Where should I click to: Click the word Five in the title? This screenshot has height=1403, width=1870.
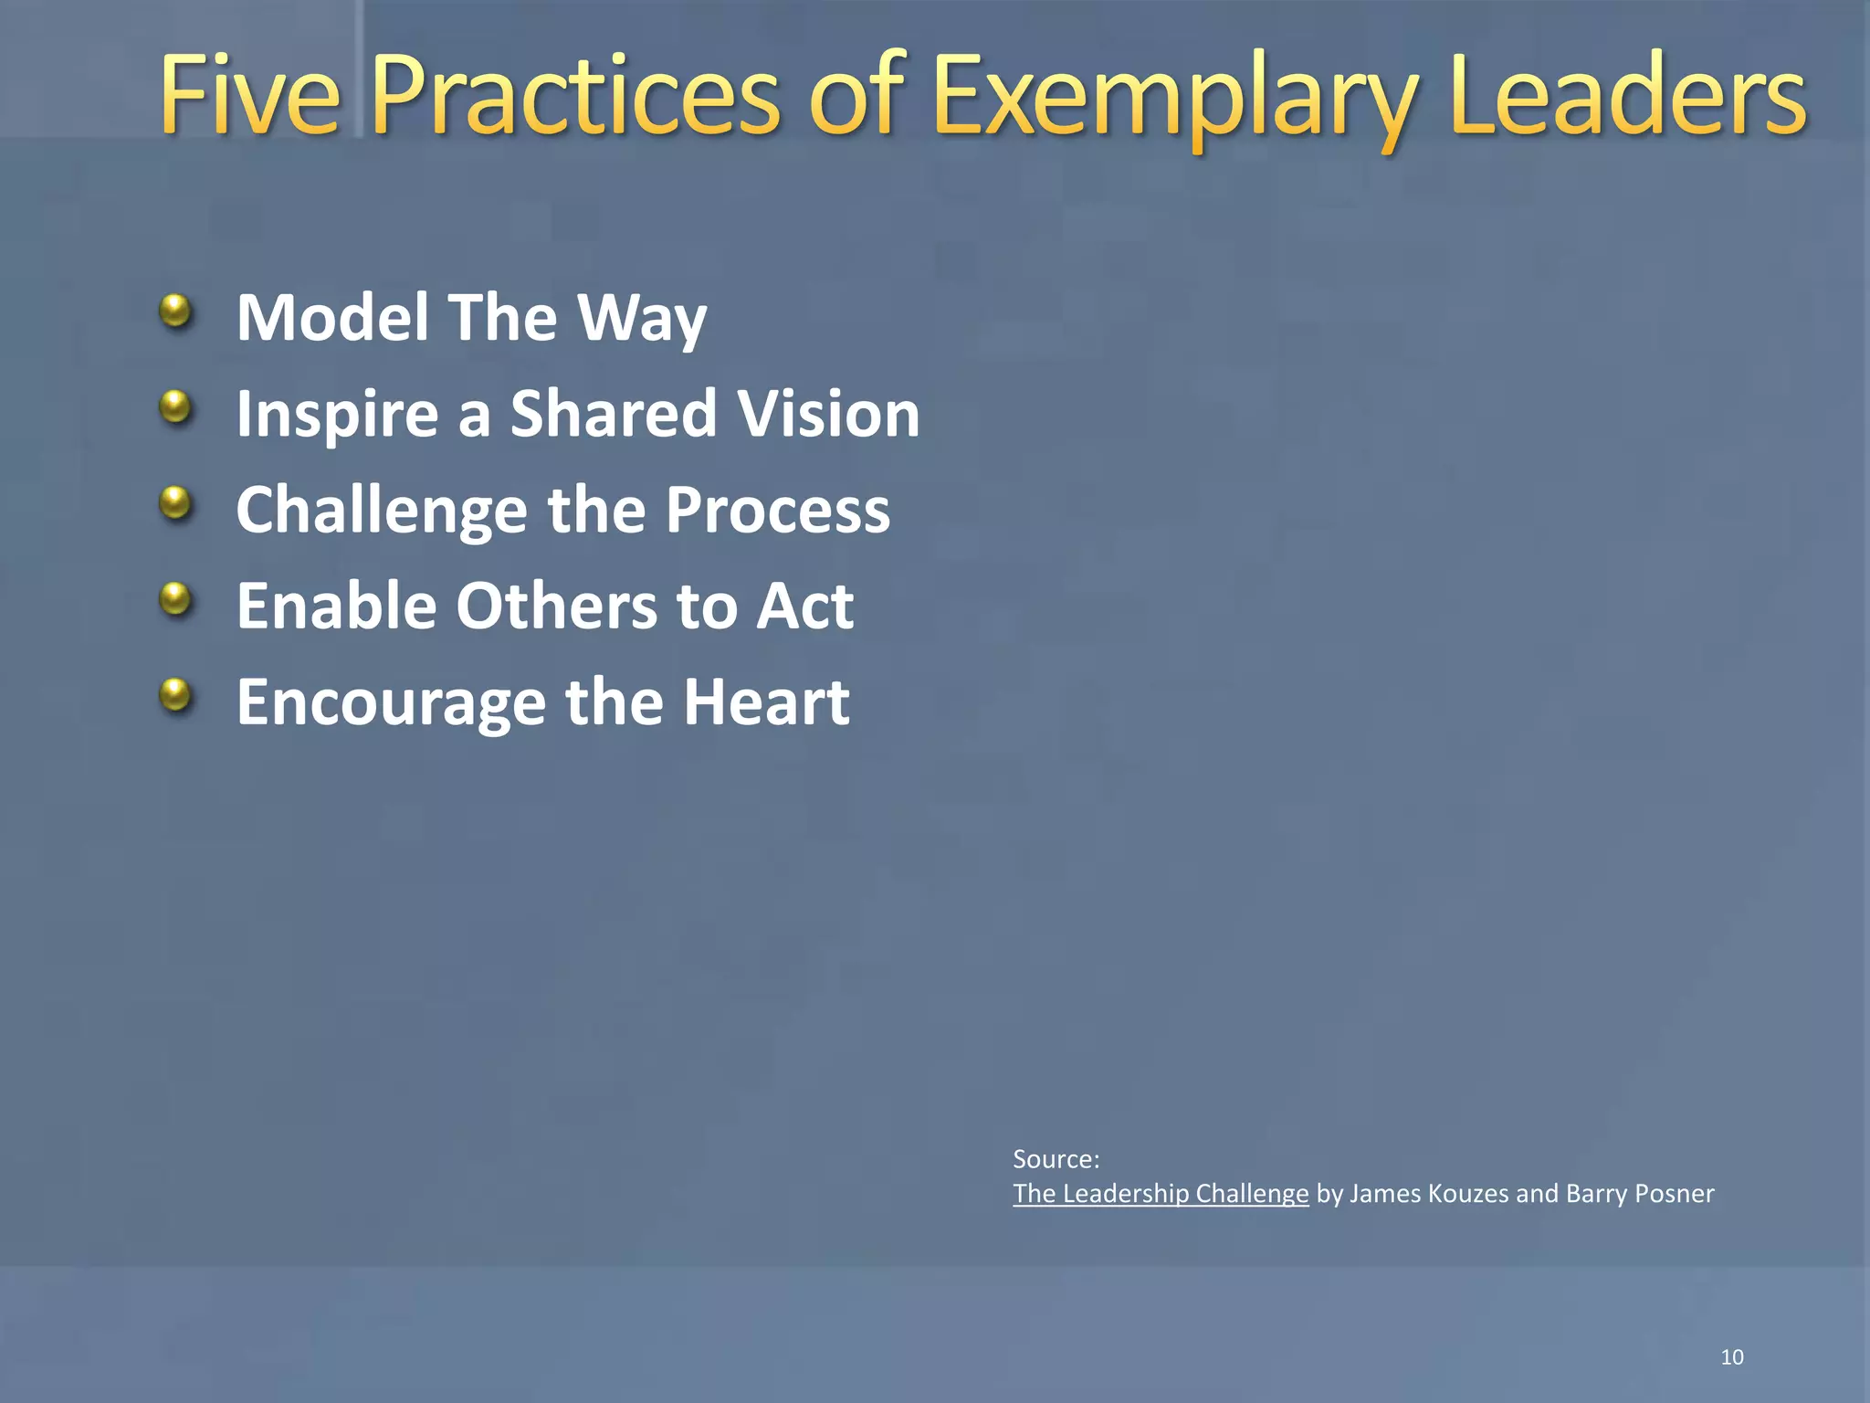(x=250, y=95)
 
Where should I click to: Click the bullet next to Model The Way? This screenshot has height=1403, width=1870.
(x=175, y=312)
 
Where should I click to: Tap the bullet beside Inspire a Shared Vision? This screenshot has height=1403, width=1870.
(x=175, y=407)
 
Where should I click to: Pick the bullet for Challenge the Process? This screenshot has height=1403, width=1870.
(x=175, y=503)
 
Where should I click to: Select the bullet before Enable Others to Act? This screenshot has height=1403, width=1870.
(x=175, y=600)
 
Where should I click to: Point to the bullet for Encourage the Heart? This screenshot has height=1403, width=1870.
(x=175, y=696)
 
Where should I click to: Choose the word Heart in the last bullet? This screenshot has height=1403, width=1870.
(x=767, y=702)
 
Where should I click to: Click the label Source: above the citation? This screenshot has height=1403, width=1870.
(x=1056, y=1160)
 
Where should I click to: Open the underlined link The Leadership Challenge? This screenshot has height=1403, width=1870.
(x=1161, y=1194)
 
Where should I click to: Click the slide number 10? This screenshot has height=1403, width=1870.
(x=1731, y=1357)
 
